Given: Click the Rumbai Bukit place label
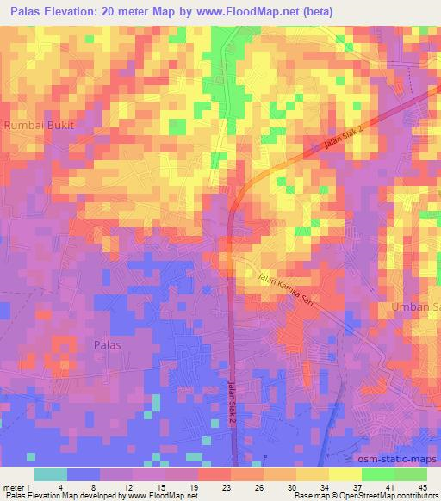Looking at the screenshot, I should click(40, 125).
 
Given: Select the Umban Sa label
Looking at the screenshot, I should click(416, 306).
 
